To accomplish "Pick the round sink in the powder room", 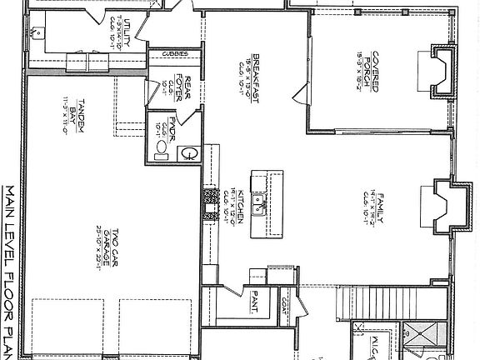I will coord(190,152).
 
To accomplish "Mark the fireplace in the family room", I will coord(443,206).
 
